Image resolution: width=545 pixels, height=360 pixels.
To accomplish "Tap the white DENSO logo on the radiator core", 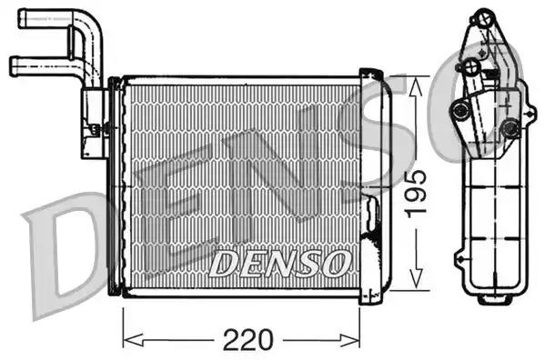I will click(279, 263).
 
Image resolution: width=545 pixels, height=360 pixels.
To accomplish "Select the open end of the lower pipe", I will click(15, 65).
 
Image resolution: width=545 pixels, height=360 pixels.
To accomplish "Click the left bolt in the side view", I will click(460, 110).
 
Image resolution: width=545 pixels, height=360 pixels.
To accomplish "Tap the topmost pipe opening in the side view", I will click(482, 17).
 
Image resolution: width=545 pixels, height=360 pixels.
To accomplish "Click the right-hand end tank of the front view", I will click(376, 182).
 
